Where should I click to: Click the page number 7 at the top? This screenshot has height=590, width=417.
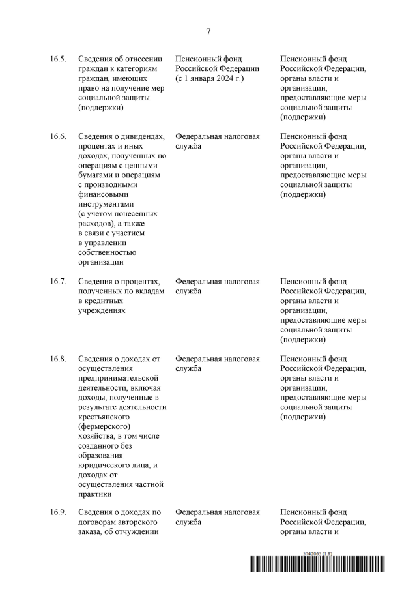(x=208, y=31)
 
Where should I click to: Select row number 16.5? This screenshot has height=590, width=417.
(x=58, y=59)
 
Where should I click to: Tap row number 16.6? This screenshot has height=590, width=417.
(x=58, y=136)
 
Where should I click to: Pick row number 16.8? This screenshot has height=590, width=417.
(x=58, y=359)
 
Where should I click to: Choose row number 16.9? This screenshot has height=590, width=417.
(x=58, y=512)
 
